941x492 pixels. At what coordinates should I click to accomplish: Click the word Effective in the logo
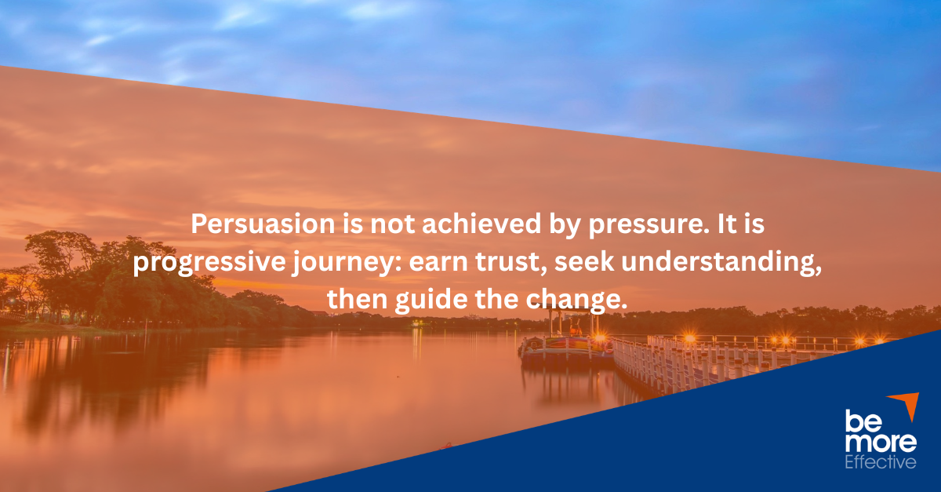pyautogui.click(x=880, y=462)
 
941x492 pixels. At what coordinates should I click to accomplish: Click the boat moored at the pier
pyautogui.click(x=565, y=345)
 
